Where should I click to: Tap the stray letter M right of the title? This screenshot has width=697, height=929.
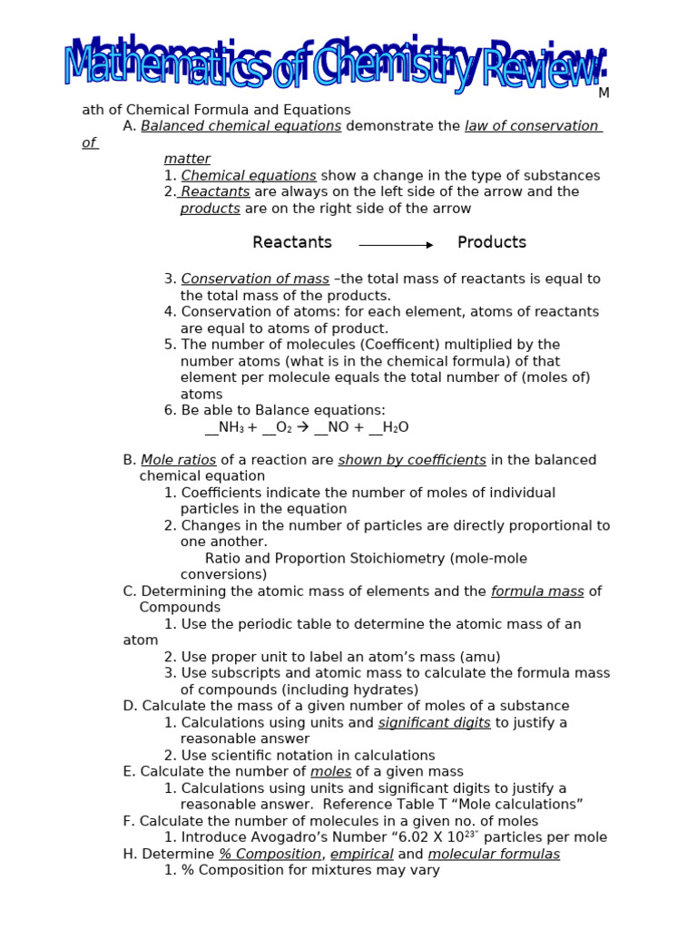coord(604,93)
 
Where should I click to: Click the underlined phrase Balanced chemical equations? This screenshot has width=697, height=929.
coord(241,126)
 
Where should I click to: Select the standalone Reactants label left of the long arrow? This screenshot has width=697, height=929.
coord(292,242)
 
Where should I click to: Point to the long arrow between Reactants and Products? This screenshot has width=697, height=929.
coord(396,245)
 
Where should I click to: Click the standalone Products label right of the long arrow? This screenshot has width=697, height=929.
coord(491,242)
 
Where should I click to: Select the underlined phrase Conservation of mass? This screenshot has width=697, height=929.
coord(255,279)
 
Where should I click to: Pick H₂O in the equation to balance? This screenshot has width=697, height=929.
coord(396,427)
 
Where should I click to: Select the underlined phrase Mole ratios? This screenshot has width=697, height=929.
coord(179,460)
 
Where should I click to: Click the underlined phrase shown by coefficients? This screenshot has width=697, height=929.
coord(412,460)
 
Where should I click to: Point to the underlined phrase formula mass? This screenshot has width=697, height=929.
coord(537,592)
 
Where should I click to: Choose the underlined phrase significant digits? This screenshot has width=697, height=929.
coord(434,723)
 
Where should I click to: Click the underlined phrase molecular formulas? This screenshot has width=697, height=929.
coord(494,854)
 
